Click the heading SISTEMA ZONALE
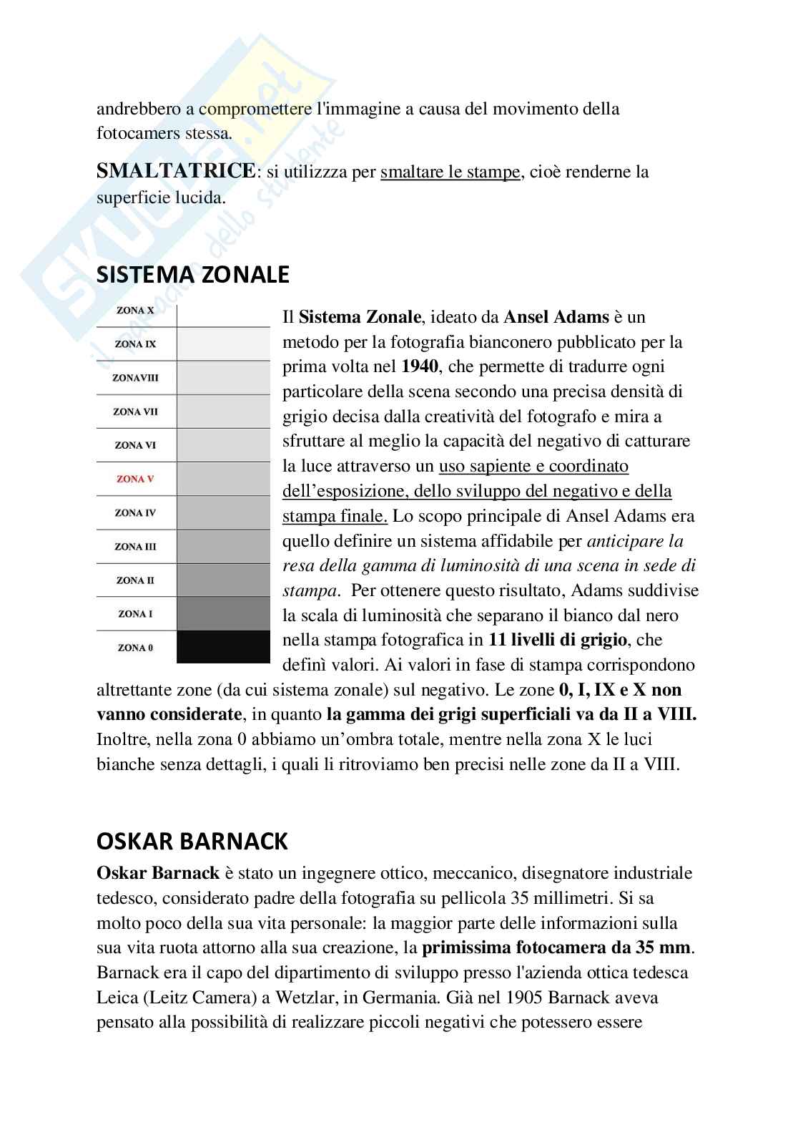192,275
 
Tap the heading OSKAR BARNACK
192,842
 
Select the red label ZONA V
135,479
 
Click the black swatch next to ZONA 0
223,647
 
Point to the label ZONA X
135,311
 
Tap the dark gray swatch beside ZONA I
223,613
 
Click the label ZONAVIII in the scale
135,378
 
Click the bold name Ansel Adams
556,317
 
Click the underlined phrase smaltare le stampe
450,172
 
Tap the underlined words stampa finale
335,516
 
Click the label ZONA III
135,546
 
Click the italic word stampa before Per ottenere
309,591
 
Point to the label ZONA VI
135,445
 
